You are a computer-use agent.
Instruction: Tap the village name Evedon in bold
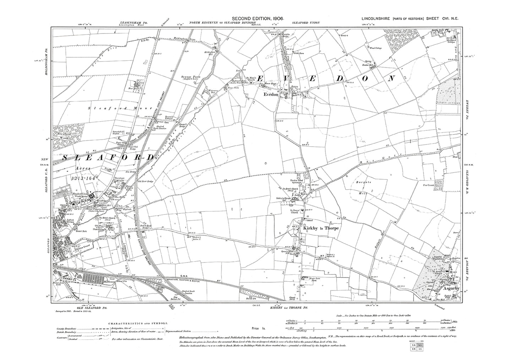pyautogui.click(x=271, y=95)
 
